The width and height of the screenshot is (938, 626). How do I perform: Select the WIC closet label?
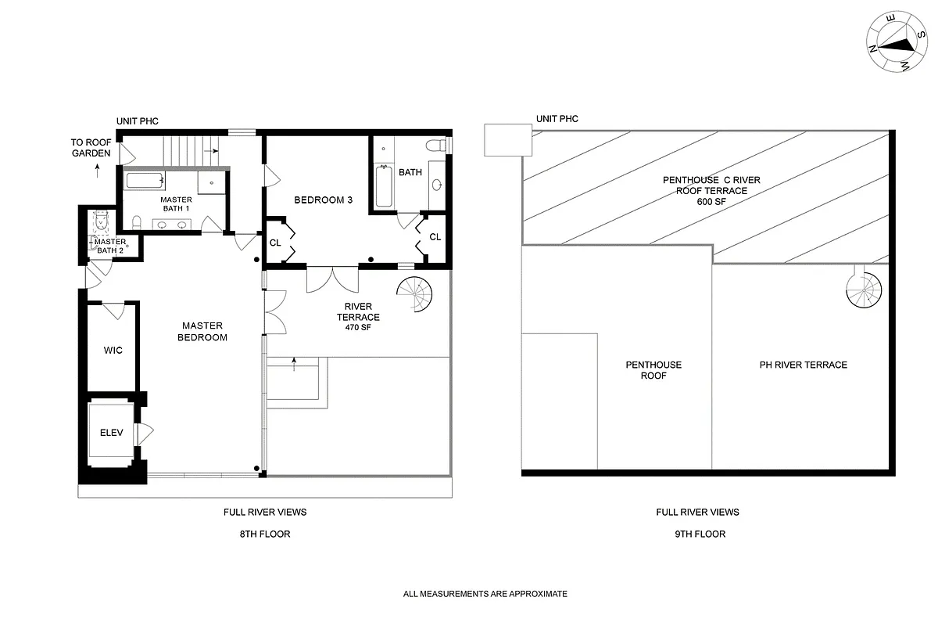[x=113, y=350]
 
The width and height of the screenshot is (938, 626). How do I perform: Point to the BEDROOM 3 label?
[x=323, y=200]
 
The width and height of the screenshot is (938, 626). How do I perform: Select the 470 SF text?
[x=358, y=329]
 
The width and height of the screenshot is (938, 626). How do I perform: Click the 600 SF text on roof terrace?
[x=711, y=202]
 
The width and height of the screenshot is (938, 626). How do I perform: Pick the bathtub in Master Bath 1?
[x=145, y=182]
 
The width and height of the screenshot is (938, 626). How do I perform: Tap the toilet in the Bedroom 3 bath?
[x=436, y=146]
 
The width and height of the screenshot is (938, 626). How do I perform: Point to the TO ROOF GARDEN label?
[x=91, y=148]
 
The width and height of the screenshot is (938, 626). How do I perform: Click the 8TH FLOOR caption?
[x=264, y=534]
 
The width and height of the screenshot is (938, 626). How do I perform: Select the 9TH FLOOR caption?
[x=697, y=534]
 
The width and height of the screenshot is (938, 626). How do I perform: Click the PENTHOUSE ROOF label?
[x=653, y=370]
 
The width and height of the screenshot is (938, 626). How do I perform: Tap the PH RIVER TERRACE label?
[x=803, y=365]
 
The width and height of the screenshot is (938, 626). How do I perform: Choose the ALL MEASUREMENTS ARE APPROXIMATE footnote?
[x=485, y=594]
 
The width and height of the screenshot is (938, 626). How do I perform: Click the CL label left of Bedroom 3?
[x=275, y=243]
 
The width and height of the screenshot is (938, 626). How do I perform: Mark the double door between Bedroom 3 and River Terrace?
[x=333, y=279]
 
